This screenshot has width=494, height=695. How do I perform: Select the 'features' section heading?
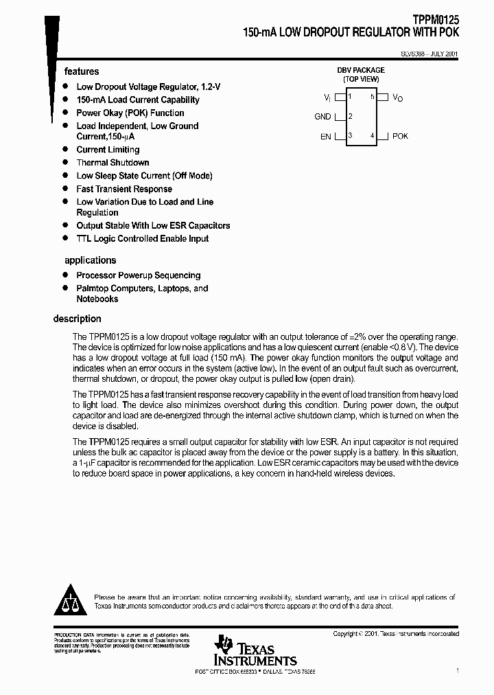coord(82,71)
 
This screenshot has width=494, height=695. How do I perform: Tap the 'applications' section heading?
coord(90,260)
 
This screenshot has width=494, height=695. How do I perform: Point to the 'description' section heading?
coord(77,319)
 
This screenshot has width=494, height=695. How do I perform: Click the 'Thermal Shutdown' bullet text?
coord(113,163)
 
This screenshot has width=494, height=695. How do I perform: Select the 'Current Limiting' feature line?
coord(108,150)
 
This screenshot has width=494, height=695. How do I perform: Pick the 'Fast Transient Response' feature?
coord(124,189)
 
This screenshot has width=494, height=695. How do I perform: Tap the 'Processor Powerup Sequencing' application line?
coord(138,275)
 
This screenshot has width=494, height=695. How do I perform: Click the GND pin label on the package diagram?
coord(322,117)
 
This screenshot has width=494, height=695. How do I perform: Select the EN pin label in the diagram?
coord(325,137)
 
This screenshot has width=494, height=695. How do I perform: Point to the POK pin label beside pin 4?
coord(400,136)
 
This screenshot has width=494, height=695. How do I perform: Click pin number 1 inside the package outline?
coord(351,98)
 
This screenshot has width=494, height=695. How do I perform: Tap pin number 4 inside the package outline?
coord(372,136)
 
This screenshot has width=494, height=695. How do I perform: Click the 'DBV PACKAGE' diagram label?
coord(360,70)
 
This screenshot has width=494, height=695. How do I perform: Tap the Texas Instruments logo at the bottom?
coord(255,650)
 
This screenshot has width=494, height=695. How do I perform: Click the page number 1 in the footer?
coord(457,670)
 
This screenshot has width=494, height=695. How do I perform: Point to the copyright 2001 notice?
coord(396,634)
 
